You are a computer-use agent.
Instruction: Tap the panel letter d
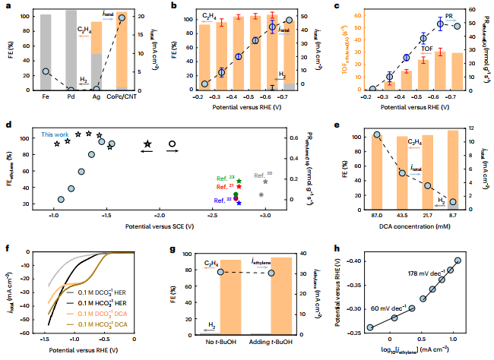click(x=7, y=125)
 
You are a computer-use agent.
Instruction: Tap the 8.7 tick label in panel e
click(x=452, y=217)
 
